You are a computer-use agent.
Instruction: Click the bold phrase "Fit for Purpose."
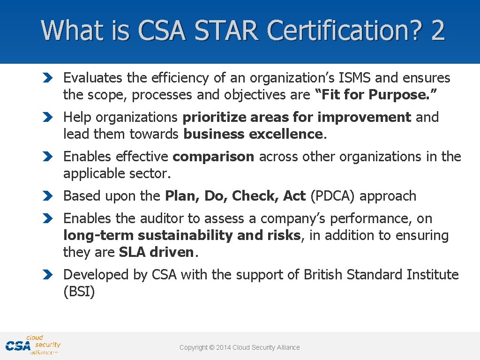click(x=379, y=95)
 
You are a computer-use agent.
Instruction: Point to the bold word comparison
click(x=213, y=157)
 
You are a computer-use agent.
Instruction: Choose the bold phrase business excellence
click(x=253, y=134)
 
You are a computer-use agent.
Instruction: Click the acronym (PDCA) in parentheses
click(x=333, y=196)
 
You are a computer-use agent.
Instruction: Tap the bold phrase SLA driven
click(x=157, y=252)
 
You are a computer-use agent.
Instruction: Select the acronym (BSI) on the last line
click(x=79, y=292)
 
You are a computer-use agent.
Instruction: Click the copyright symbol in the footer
click(x=211, y=347)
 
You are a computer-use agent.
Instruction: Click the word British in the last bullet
click(x=323, y=275)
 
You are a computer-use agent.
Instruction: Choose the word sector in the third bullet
click(x=152, y=173)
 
